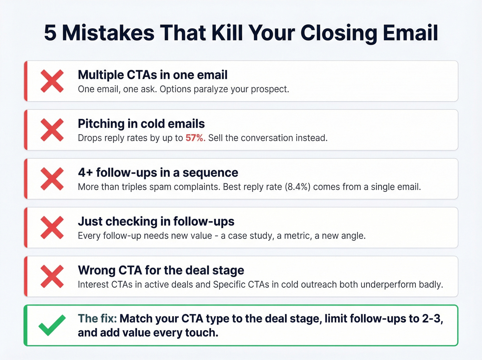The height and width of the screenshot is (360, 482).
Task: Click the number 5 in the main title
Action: [50, 33]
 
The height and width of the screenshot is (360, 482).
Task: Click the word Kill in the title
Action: [227, 33]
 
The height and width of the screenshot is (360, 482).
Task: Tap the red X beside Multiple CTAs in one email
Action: [52, 81]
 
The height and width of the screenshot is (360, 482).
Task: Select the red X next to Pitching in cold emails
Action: [52, 130]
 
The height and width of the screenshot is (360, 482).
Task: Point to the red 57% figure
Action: [195, 138]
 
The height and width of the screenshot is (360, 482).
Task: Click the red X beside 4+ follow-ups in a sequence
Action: [52, 179]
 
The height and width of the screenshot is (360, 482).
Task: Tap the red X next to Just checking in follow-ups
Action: [52, 228]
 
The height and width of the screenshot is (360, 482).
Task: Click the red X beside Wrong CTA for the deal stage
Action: [52, 277]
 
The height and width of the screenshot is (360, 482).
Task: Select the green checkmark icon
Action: [52, 325]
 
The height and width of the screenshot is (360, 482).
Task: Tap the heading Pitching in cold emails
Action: [141, 124]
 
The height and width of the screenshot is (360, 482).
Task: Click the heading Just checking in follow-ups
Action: [156, 222]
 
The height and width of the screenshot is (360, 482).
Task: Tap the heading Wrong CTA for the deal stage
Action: [161, 270]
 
